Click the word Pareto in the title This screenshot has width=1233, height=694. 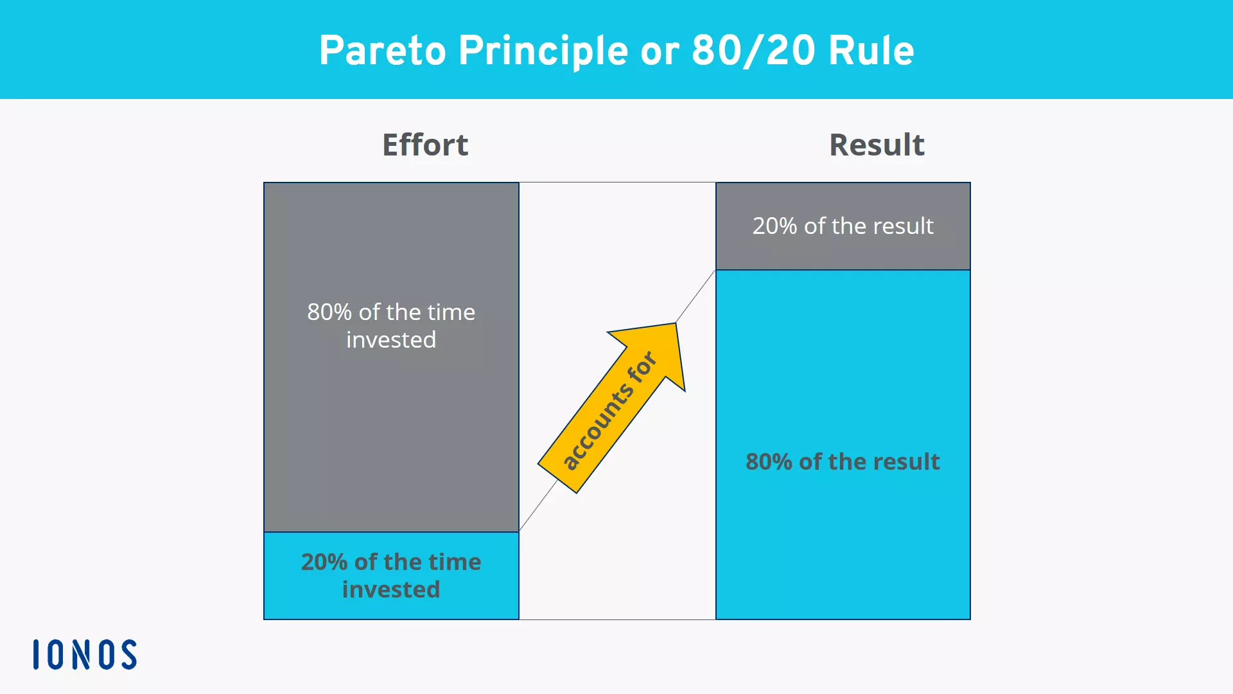pyautogui.click(x=382, y=51)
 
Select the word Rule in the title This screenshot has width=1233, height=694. pyautogui.click(x=871, y=51)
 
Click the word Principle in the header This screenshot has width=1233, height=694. pyautogui.click(x=543, y=51)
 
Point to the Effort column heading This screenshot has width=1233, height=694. pyautogui.click(x=425, y=145)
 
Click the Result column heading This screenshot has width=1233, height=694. pyautogui.click(x=877, y=145)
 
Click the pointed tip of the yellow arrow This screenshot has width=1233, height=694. pyautogui.click(x=675, y=325)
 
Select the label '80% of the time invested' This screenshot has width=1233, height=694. pyautogui.click(x=391, y=326)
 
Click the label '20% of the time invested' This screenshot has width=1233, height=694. pyautogui.click(x=391, y=576)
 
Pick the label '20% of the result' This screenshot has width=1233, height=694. pyautogui.click(x=843, y=226)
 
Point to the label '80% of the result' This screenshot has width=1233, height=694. pyautogui.click(x=843, y=461)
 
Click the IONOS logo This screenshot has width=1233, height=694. pyautogui.click(x=85, y=654)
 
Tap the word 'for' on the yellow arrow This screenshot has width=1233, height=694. pyautogui.click(x=642, y=367)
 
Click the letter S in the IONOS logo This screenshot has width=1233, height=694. pyautogui.click(x=128, y=654)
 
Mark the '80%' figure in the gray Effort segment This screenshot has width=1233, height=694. pyautogui.click(x=329, y=312)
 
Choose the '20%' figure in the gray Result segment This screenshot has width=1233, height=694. pyautogui.click(x=774, y=226)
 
